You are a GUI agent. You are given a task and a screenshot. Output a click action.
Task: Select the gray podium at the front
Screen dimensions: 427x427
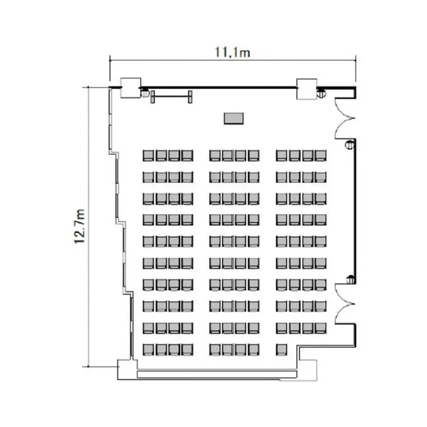click(233, 118)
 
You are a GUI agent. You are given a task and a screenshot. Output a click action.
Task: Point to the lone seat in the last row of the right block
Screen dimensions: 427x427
click(281, 349)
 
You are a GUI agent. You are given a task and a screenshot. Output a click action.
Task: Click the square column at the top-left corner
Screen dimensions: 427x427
click(130, 87)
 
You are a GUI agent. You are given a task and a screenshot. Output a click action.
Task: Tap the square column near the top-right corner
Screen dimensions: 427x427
click(307, 88)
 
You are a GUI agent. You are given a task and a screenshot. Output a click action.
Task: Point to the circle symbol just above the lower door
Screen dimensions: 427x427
click(350, 279)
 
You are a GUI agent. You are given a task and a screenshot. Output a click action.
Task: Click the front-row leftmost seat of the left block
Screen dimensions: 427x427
click(148, 155)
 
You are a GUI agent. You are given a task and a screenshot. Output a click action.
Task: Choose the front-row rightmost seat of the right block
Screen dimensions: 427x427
click(321, 155)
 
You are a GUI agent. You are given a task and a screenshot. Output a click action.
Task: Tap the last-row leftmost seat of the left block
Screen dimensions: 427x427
click(148, 349)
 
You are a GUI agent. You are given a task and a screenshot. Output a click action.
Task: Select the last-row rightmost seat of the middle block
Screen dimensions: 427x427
click(253, 349)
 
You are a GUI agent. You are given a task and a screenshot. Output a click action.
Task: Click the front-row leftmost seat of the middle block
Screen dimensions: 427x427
click(215, 155)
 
